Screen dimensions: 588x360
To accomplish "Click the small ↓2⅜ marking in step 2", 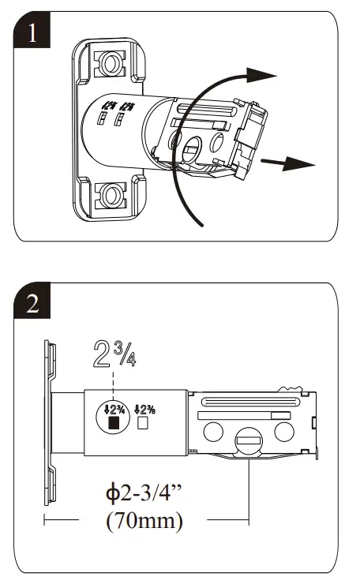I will [x=144, y=409].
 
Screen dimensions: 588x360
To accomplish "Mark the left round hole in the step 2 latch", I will [x=213, y=431].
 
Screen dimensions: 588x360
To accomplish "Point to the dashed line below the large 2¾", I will [x=114, y=387].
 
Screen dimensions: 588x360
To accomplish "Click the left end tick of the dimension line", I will [x=45, y=520].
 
